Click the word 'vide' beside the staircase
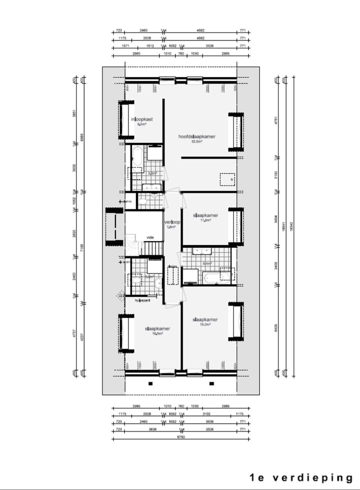point(149,237)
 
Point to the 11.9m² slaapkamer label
point(205,215)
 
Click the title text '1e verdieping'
point(301,478)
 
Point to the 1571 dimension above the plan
point(125,45)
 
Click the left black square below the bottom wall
point(150,384)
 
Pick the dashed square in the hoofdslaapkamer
point(228,178)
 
